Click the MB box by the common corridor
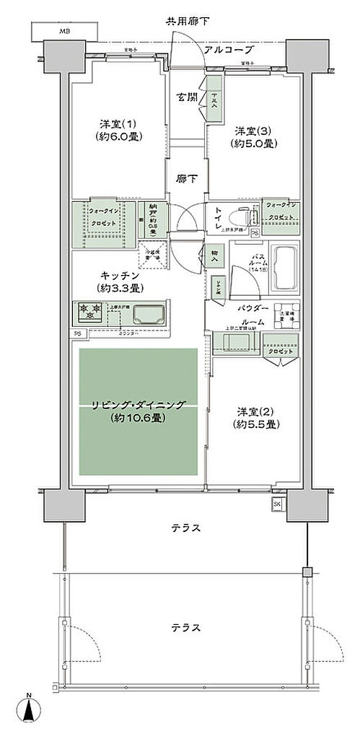(x=65, y=31)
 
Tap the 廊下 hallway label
(x=189, y=179)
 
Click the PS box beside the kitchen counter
(x=77, y=333)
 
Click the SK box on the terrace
(x=277, y=504)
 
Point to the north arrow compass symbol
(x=29, y=711)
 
